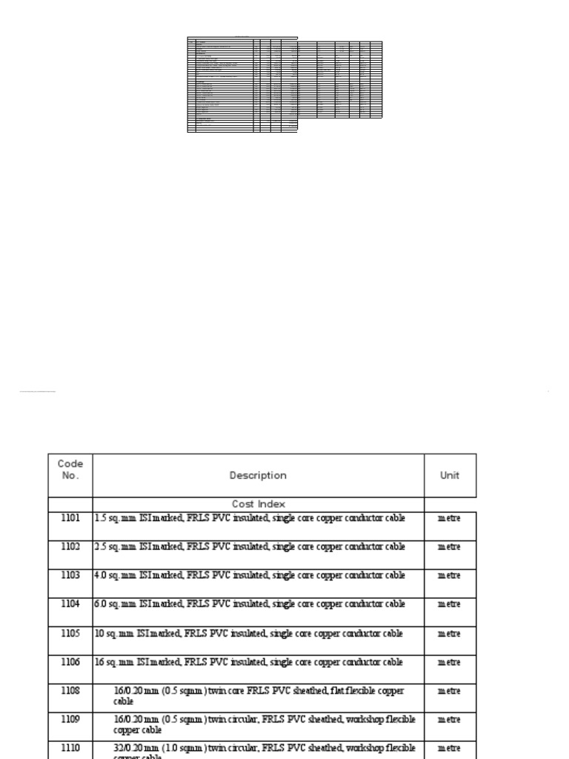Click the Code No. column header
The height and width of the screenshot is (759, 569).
click(x=70, y=470)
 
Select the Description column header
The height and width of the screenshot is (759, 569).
click(x=258, y=476)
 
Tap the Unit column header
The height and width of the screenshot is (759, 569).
click(x=450, y=476)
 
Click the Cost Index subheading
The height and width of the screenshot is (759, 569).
click(x=258, y=504)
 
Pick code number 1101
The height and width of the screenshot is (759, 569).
click(x=70, y=518)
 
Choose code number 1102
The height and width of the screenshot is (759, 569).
click(x=70, y=547)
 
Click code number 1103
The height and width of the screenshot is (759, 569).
click(x=70, y=575)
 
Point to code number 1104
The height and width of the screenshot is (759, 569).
click(x=70, y=604)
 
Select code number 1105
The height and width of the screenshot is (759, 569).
click(x=70, y=633)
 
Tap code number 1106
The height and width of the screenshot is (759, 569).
click(x=70, y=662)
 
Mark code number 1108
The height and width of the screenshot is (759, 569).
click(x=70, y=691)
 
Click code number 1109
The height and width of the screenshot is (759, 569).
click(x=70, y=719)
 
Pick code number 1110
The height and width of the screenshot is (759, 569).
click(x=70, y=748)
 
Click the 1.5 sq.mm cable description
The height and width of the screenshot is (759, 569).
click(x=250, y=518)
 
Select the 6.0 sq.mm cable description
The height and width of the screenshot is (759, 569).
click(x=250, y=604)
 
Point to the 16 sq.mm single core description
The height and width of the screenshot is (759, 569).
click(x=249, y=662)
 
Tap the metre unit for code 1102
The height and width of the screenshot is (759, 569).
click(x=449, y=547)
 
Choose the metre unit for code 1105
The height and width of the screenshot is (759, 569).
click(x=449, y=634)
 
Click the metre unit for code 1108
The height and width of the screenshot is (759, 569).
click(x=449, y=691)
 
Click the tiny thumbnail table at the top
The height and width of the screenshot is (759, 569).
click(x=284, y=84)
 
